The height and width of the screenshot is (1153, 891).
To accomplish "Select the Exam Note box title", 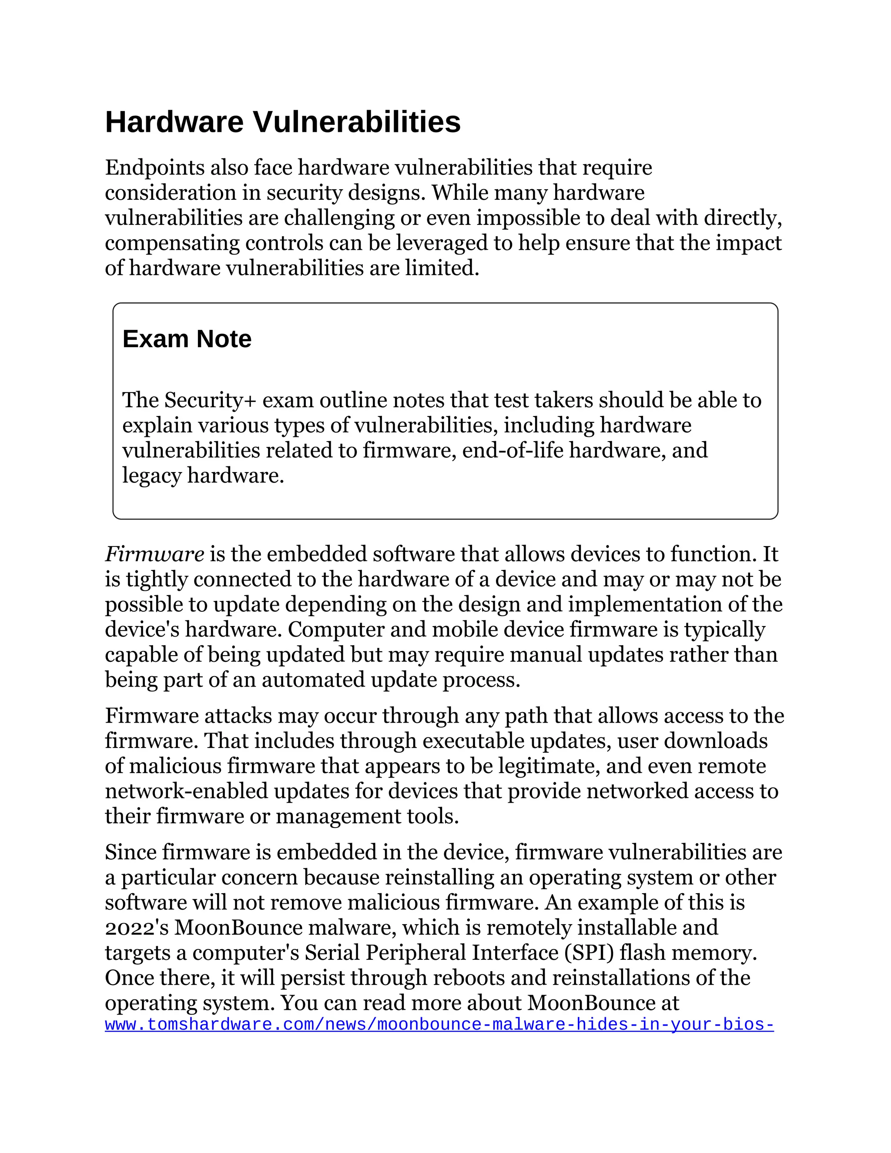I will pos(187,339).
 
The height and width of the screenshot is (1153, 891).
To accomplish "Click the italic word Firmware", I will pos(154,554).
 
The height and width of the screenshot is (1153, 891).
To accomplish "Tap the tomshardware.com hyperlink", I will pos(439,1025).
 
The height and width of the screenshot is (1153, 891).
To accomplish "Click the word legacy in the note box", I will pos(152,476).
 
